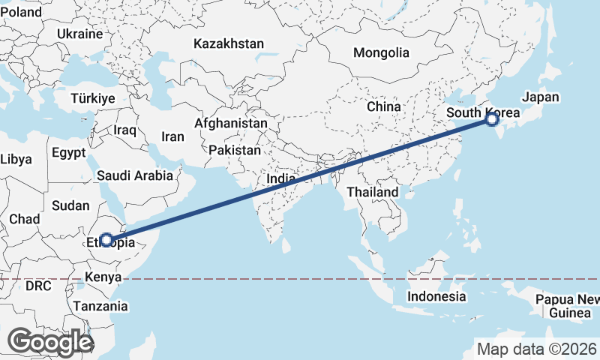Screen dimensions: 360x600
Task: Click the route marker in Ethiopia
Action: click(107, 240)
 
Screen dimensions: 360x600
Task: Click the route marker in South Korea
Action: click(491, 118)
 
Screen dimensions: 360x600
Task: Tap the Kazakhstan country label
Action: click(229, 43)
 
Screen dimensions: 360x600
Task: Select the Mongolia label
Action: click(382, 52)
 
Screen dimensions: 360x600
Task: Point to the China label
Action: click(384, 106)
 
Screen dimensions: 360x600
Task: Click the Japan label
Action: click(541, 97)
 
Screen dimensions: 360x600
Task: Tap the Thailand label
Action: click(373, 192)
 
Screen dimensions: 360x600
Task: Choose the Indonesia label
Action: click(436, 296)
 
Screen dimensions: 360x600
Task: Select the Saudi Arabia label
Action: click(136, 175)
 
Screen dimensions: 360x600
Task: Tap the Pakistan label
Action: click(235, 150)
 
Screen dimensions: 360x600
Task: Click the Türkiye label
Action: click(92, 98)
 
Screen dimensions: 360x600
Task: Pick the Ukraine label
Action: click(79, 34)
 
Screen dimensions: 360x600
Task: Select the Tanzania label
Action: click(100, 306)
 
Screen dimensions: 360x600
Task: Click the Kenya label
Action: click(103, 277)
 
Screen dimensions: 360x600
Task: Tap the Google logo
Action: click(50, 342)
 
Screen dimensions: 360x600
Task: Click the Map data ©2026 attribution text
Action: click(536, 349)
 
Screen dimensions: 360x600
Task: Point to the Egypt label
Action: click(70, 153)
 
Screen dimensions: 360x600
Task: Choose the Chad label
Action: click(24, 219)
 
